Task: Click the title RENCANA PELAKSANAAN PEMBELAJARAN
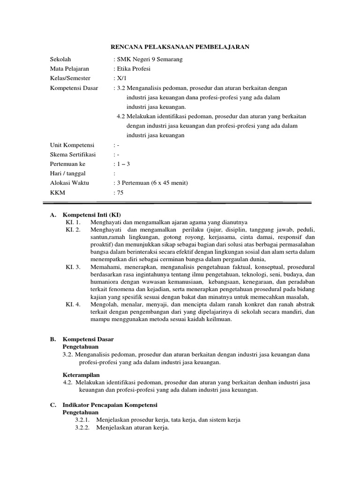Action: tap(180, 47)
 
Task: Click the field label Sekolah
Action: tap(60, 60)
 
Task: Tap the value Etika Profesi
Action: tap(134, 69)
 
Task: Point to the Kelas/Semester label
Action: tap(70, 78)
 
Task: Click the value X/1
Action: tap(119, 78)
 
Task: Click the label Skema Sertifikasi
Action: tap(73, 154)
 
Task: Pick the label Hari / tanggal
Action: tap(69, 173)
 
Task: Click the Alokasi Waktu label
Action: tap(69, 183)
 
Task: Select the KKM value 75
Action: tap(120, 192)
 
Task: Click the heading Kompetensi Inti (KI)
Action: tap(92, 215)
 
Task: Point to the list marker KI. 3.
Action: tap(73, 267)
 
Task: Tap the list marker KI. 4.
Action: tap(73, 304)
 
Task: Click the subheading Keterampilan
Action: tap(81, 375)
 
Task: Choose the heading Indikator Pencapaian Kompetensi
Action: tap(110, 405)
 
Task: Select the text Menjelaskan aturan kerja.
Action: tap(132, 428)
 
